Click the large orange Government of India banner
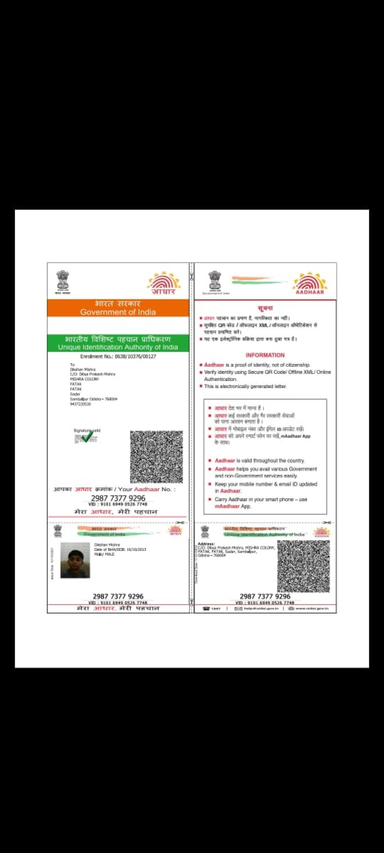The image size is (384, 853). pyautogui.click(x=118, y=308)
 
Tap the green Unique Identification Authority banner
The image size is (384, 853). pyautogui.click(x=118, y=343)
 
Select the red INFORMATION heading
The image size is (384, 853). pyautogui.click(x=265, y=355)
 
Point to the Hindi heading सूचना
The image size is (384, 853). pyautogui.click(x=265, y=309)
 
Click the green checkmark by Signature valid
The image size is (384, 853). pyautogui.click(x=87, y=436)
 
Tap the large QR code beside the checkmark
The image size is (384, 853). pyautogui.click(x=156, y=457)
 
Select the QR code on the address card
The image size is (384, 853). pyautogui.click(x=303, y=566)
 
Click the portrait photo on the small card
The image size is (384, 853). pyautogui.click(x=75, y=560)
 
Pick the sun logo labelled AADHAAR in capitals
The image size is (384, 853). pyautogui.click(x=310, y=283)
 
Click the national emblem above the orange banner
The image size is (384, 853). pyautogui.click(x=63, y=281)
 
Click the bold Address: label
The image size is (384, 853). pyautogui.click(x=206, y=544)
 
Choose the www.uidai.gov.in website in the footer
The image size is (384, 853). pyautogui.click(x=308, y=609)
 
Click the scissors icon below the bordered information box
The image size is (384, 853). pyautogui.click(x=327, y=522)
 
